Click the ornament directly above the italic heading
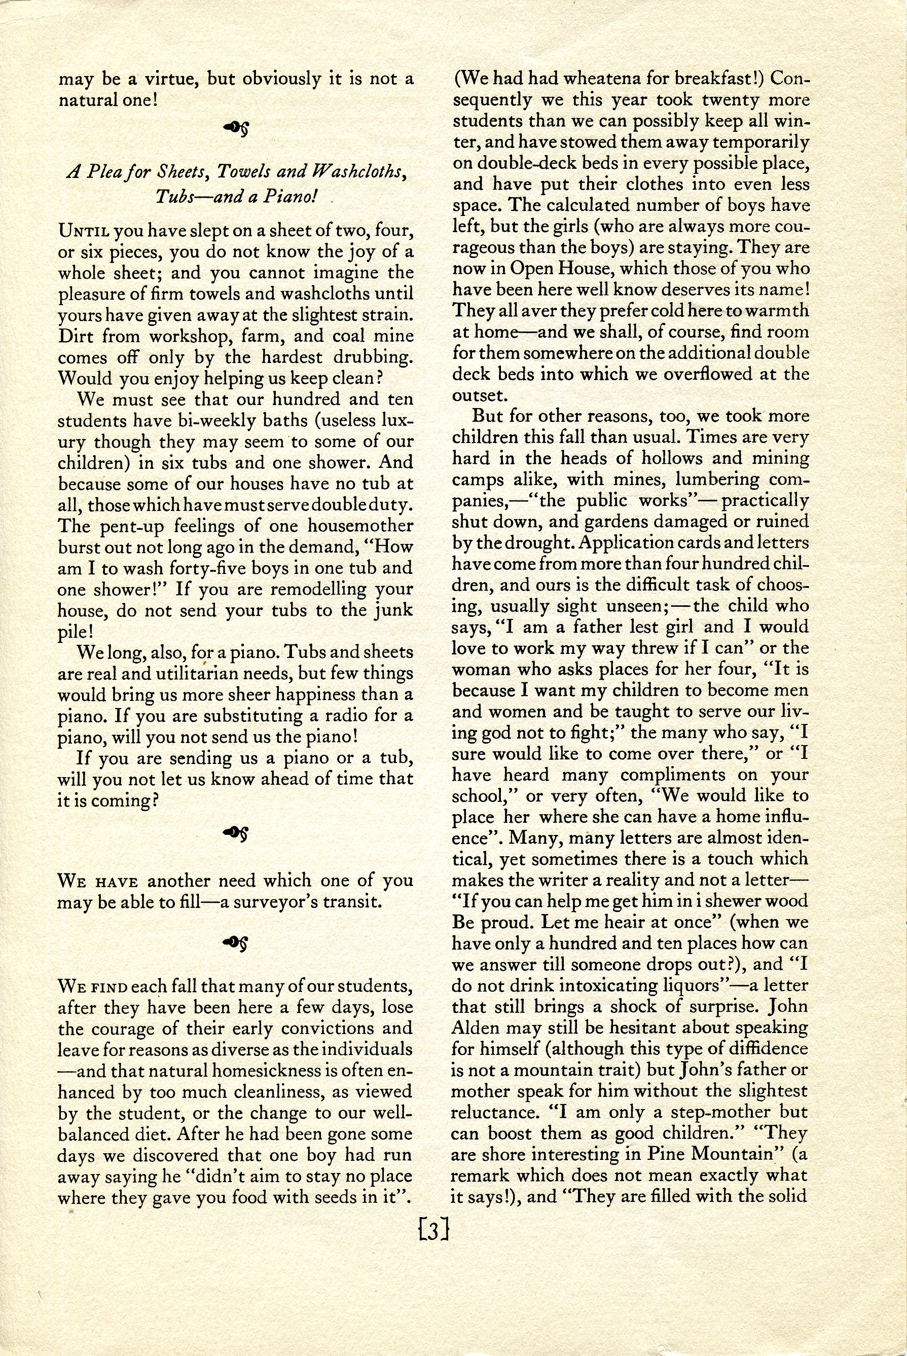[x=235, y=126]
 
